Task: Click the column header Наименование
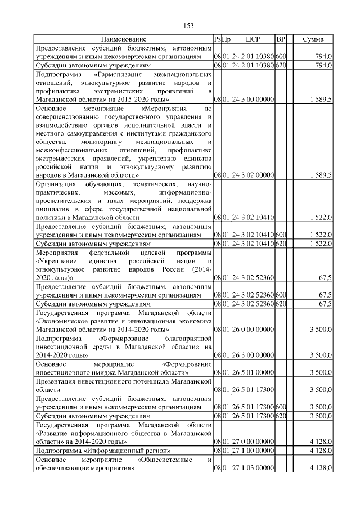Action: [124, 39]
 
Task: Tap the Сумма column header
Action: [312, 39]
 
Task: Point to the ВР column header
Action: [281, 39]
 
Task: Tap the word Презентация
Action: [56, 381]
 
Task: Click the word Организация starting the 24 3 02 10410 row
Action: [57, 184]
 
